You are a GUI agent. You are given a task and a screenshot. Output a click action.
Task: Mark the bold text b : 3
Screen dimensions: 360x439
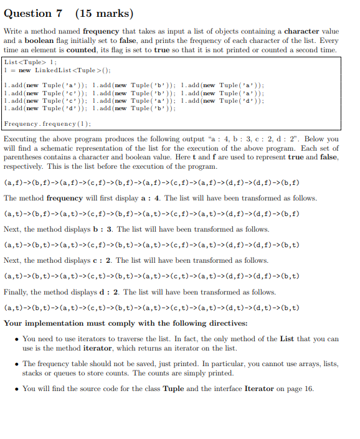(101, 229)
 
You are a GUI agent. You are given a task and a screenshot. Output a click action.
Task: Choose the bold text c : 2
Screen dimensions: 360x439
(100, 260)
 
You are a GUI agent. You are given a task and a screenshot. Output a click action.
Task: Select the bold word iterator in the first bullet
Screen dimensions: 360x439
(101, 347)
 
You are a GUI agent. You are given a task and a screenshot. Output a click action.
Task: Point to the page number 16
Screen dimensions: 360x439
(308, 389)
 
